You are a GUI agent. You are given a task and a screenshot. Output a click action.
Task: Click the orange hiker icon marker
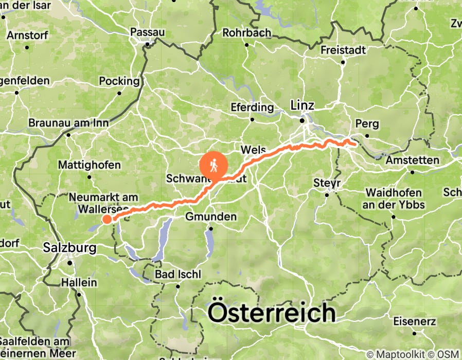pos(214,165)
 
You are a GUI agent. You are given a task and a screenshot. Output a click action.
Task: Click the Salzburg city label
pos(69,248)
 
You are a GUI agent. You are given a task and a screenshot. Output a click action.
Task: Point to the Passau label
pos(148,32)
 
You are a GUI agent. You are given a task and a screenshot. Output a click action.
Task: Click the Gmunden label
pos(211,217)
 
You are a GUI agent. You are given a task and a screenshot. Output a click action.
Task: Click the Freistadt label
pos(343,50)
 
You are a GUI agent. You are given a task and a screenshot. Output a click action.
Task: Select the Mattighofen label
pos(90,165)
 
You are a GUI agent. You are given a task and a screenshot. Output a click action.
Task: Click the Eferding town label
pos(252,107)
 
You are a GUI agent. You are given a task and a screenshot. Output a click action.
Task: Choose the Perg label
pos(367,124)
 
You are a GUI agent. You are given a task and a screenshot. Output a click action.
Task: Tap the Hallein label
pos(79,283)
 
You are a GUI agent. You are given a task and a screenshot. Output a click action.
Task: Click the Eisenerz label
pos(414,322)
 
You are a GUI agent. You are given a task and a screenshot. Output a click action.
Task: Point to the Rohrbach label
pos(246,33)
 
